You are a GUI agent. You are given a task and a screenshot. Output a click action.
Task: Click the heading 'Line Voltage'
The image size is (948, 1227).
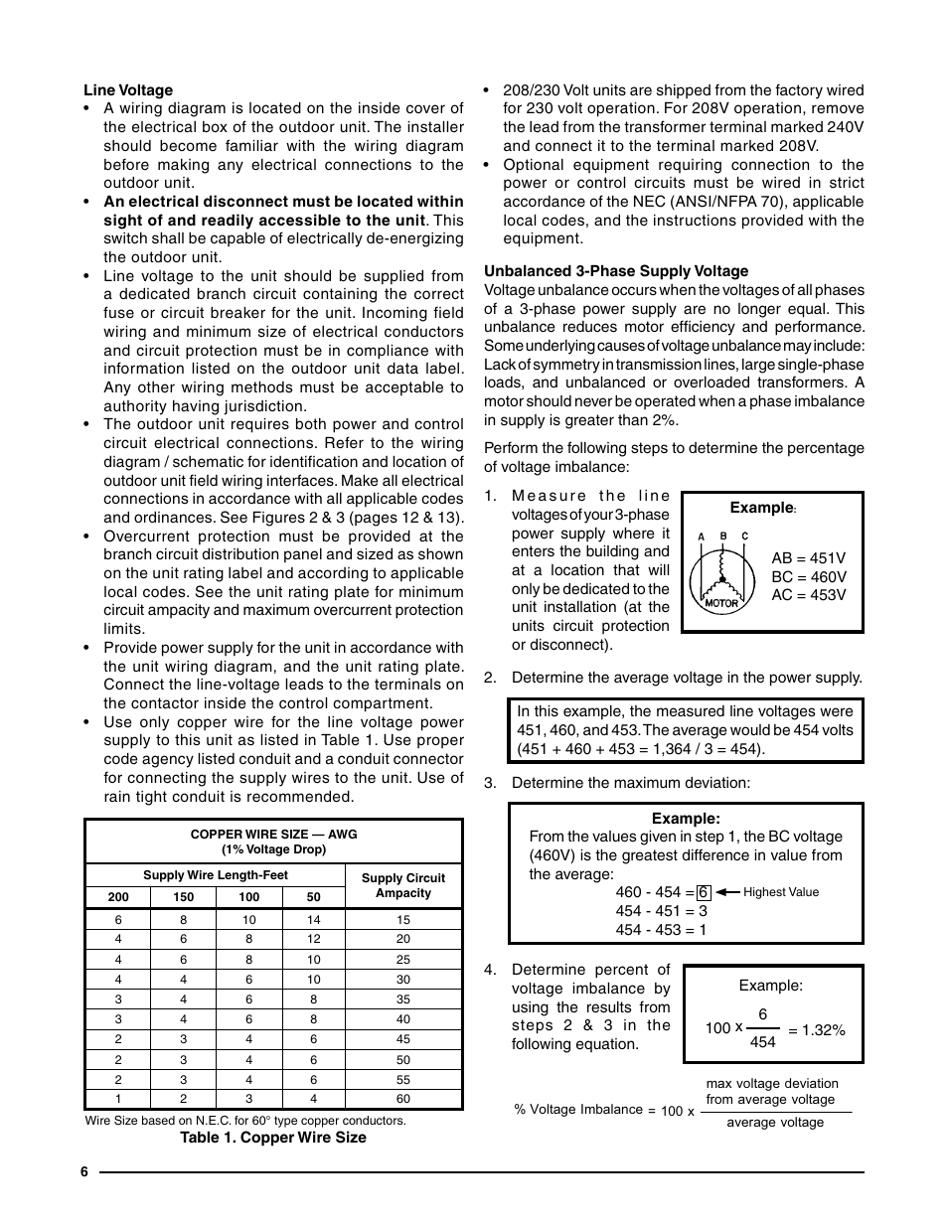click(128, 90)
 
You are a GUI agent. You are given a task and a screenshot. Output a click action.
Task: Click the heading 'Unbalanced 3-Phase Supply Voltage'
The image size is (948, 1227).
click(616, 271)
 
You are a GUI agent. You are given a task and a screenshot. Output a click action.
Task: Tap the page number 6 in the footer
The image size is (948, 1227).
click(84, 1172)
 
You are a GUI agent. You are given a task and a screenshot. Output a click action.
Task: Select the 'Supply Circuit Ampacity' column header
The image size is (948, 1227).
click(402, 885)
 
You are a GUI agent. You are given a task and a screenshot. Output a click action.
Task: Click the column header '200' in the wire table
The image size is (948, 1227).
click(118, 897)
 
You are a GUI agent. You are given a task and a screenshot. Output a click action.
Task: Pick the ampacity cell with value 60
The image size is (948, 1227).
click(402, 1099)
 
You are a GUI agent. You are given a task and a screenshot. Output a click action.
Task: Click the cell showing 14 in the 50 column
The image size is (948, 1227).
click(313, 920)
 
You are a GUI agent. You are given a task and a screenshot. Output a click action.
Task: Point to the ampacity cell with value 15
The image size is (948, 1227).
click(402, 920)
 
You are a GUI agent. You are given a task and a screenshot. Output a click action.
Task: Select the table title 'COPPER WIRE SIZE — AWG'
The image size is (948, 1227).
click(273, 835)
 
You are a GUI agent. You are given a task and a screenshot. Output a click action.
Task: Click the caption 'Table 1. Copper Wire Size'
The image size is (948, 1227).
click(272, 1138)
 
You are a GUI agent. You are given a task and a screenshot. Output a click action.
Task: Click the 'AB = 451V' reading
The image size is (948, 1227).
click(808, 558)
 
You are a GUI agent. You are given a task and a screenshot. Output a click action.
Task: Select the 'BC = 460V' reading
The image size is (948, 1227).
click(808, 577)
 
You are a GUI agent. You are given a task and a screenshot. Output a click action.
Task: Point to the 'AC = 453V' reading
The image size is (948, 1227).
click(808, 595)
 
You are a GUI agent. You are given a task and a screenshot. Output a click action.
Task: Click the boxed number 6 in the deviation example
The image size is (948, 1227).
click(704, 892)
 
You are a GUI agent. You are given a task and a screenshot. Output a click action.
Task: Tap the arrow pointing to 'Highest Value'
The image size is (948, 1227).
click(727, 892)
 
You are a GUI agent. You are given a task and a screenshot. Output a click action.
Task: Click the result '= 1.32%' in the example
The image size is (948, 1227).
click(816, 1030)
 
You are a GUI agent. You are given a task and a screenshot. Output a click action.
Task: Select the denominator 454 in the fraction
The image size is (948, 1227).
click(762, 1042)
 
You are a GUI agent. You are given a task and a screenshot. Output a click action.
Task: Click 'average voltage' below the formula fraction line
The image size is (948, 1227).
click(775, 1123)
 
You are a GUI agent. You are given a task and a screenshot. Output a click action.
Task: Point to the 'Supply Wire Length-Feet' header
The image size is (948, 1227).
click(216, 875)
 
